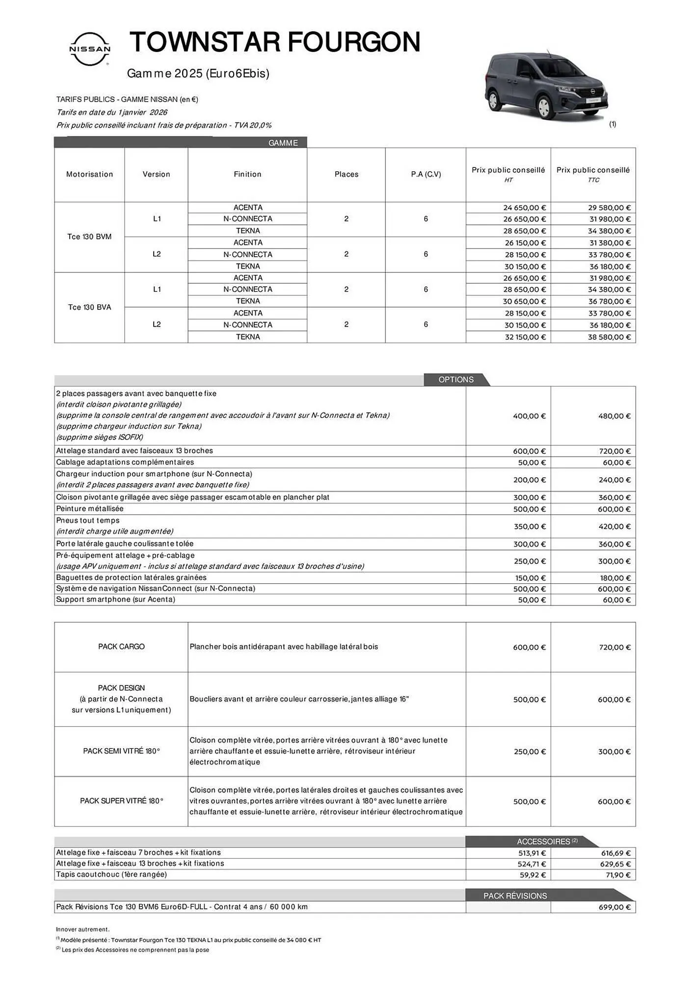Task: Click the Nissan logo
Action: tap(90, 49)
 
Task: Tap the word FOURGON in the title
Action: tap(353, 42)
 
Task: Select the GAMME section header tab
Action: tap(283, 143)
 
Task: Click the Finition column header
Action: tap(247, 174)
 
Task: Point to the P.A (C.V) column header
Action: tap(426, 174)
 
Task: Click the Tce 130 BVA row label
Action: tap(89, 307)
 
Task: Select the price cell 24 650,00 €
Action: tap(524, 208)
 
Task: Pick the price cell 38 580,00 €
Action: tap(609, 337)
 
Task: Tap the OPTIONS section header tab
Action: tap(456, 380)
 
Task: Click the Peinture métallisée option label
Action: tap(90, 509)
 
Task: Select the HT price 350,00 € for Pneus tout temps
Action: tap(529, 526)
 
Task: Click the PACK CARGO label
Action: tap(121, 647)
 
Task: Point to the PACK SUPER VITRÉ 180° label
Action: tap(121, 801)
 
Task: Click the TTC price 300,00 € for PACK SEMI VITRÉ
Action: tap(614, 752)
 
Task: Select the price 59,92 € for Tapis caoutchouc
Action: tap(532, 875)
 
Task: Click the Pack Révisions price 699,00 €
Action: tap(614, 907)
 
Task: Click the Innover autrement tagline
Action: tap(82, 929)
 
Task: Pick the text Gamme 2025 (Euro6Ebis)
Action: tap(198, 74)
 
